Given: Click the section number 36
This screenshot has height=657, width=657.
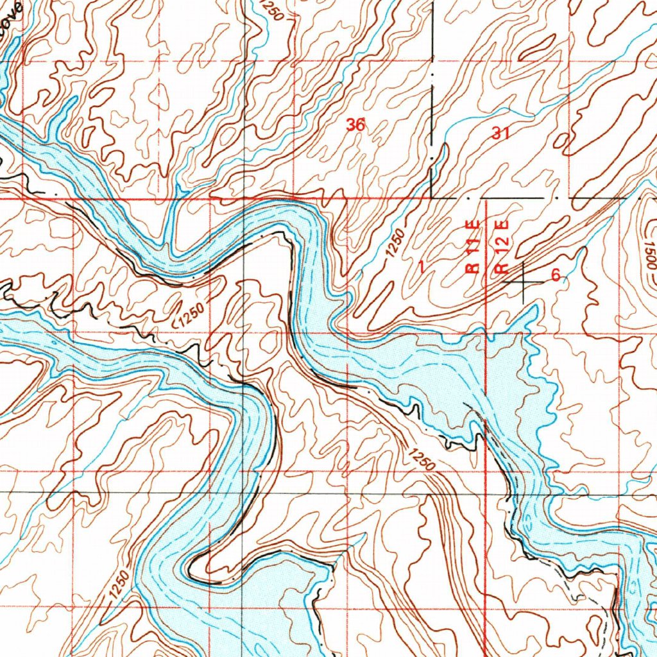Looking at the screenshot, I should click(355, 125).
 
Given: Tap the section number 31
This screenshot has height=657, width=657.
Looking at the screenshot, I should click(500, 133).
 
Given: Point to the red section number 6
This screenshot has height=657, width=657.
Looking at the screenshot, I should click(556, 275).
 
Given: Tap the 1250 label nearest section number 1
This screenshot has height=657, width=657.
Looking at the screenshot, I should click(396, 244).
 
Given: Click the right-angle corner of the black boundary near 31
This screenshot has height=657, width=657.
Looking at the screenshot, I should click(432, 197).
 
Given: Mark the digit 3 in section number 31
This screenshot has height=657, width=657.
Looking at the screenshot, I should click(497, 133).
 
